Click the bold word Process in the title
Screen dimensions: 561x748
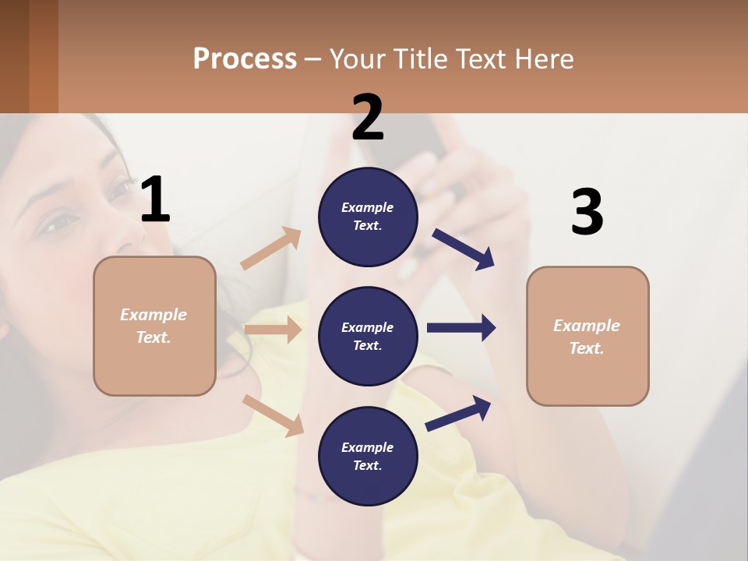pos(245,58)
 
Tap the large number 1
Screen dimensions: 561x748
pos(155,199)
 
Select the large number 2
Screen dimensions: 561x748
pos(368,118)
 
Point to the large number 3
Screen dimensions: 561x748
pos(587,212)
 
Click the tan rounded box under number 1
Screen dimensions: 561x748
pos(154,326)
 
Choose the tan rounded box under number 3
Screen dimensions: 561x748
pos(587,336)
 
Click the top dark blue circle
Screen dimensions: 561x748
pos(368,217)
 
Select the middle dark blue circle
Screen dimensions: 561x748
pos(368,336)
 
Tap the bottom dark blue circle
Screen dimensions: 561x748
pos(368,456)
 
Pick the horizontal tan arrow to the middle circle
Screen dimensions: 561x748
pos(273,330)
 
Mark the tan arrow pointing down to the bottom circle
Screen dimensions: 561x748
pos(273,415)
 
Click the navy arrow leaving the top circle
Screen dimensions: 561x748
pos(463,249)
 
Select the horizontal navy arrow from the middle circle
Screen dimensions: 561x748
pos(460,327)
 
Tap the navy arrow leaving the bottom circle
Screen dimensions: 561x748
pos(458,414)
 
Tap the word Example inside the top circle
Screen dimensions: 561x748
pos(367,207)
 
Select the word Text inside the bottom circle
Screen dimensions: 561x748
pos(366,465)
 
